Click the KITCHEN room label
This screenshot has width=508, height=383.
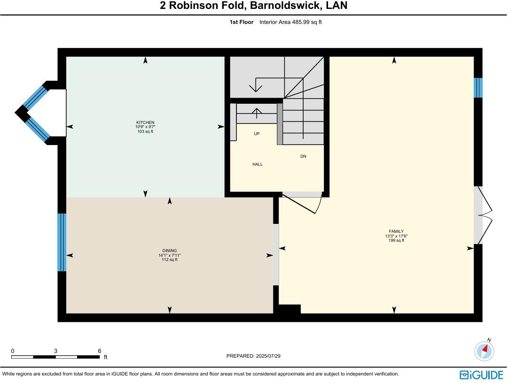click(145, 123)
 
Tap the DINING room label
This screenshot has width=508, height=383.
click(170, 251)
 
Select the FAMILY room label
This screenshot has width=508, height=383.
click(394, 231)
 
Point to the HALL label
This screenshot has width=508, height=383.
click(258, 164)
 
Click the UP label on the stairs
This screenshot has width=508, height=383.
click(257, 134)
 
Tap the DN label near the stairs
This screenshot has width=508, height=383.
click(303, 156)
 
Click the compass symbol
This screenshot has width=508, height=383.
click(485, 351)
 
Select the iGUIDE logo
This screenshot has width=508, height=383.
click(481, 374)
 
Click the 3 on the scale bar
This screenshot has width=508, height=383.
click(55, 351)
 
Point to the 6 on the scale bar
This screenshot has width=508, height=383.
click(99, 351)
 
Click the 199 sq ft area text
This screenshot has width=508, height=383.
click(394, 240)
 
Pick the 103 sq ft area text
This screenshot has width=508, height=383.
click(145, 131)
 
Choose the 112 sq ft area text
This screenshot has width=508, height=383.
click(170, 260)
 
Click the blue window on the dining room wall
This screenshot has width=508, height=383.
click(62, 242)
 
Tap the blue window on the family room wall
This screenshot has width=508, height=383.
click(478, 88)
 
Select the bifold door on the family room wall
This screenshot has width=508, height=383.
click(484, 215)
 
